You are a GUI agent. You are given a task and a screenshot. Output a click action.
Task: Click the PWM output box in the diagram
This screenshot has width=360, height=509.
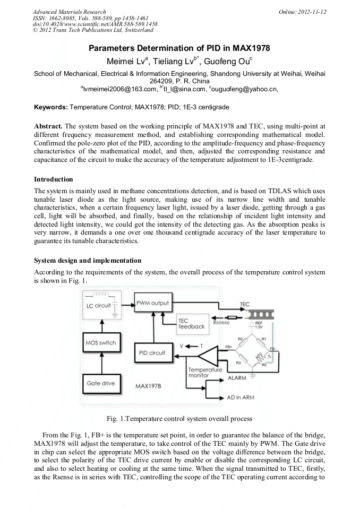point(152,304)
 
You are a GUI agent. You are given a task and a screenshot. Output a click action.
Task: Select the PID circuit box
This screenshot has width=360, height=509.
point(152,353)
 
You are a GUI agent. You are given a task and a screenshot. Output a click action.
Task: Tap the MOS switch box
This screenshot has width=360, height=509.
point(100,343)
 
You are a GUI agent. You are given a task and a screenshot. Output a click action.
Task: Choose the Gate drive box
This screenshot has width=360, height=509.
point(100,383)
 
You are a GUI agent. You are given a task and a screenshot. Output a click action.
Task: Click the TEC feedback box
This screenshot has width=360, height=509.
point(191,324)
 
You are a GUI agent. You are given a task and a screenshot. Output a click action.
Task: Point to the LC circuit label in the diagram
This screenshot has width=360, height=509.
point(98,306)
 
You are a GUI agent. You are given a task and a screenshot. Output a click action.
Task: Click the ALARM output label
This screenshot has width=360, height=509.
point(236,378)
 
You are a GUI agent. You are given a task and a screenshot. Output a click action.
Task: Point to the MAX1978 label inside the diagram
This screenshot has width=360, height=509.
point(148,386)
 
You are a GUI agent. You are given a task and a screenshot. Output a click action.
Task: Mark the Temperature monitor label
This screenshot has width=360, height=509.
point(202,372)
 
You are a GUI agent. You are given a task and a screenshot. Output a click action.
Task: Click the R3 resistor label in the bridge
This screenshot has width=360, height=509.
point(238,363)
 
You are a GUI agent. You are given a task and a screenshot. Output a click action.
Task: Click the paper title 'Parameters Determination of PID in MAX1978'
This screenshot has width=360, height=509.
point(179,48)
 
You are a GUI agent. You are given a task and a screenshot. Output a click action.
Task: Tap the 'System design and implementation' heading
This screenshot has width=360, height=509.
point(88,261)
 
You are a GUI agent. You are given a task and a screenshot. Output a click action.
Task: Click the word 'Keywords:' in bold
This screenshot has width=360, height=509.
point(50,107)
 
